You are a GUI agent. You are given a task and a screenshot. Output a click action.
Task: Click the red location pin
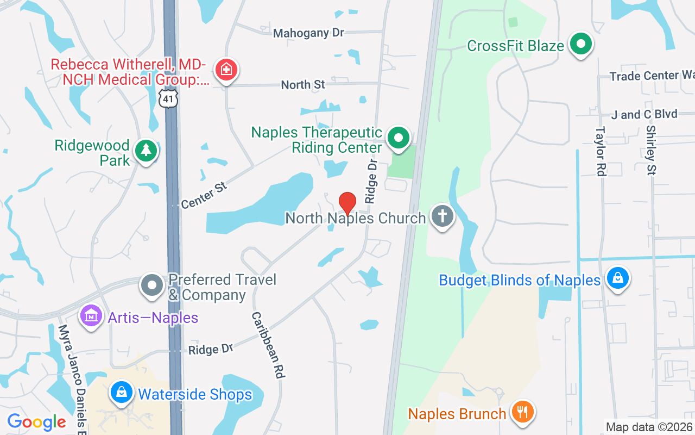tap(347, 203)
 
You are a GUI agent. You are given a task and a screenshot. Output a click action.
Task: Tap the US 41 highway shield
tap(169, 99)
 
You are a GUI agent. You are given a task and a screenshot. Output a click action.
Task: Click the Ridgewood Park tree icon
tap(146, 151)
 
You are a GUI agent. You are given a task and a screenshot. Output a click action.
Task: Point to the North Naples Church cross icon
tap(442, 216)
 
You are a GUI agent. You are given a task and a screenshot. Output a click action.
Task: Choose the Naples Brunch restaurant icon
tap(522, 412)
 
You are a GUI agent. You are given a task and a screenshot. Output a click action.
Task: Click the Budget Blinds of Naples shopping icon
tap(617, 279)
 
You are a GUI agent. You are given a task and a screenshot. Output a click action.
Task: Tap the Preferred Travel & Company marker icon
tap(152, 285)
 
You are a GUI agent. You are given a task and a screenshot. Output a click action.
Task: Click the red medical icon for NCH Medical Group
tap(225, 70)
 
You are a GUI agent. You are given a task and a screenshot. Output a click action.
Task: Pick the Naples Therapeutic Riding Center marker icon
tap(399, 138)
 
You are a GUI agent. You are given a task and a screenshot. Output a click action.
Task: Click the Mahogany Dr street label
tap(308, 33)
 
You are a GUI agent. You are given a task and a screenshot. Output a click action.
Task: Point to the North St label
tap(303, 85)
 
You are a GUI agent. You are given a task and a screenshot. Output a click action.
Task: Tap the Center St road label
tap(204, 196)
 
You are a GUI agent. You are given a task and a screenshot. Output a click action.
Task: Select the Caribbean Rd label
tap(268, 345)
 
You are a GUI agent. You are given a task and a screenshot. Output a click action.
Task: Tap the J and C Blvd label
tap(644, 115)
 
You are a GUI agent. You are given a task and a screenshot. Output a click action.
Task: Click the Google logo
tap(36, 422)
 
